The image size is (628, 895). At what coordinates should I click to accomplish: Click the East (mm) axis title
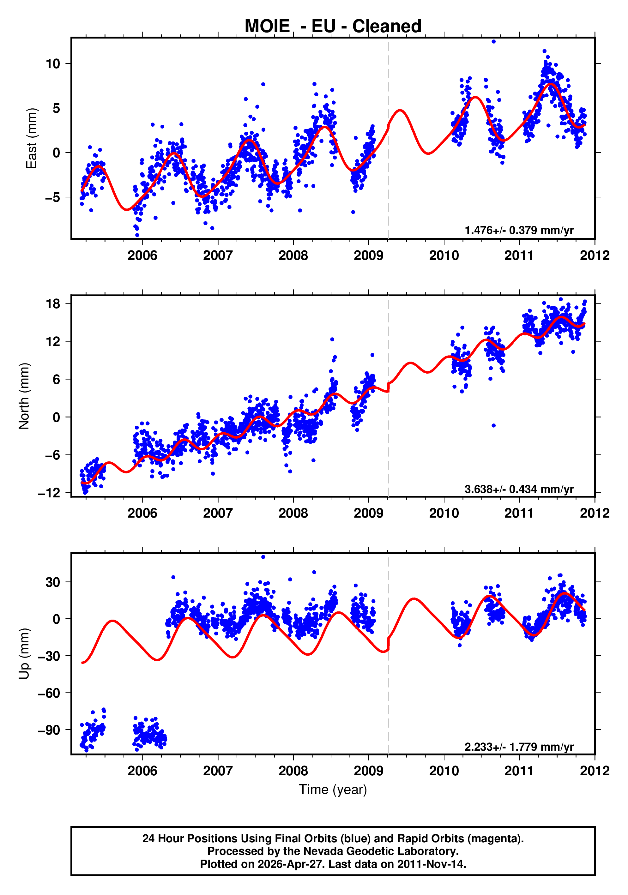pos(31,138)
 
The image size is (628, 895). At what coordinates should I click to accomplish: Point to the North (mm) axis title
pos(24,396)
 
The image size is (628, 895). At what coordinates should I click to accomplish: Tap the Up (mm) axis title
pos(24,654)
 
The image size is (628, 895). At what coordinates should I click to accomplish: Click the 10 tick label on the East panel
pos(53,63)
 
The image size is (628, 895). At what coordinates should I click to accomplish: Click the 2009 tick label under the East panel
pos(368,256)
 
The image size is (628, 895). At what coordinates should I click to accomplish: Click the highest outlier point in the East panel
pos(493,42)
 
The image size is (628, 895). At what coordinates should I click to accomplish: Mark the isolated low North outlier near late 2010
pos(493,426)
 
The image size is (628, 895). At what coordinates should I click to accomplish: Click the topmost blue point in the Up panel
pos(263,557)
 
